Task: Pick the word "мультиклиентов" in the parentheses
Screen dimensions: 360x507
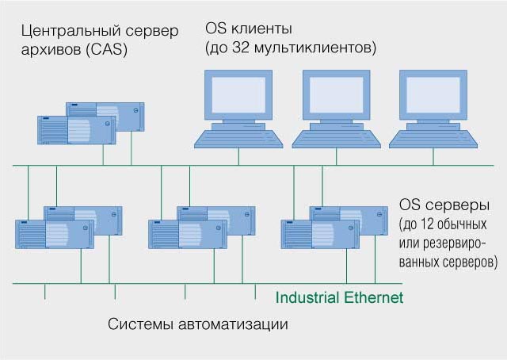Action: click(x=315, y=48)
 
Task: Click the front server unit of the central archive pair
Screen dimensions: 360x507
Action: click(x=76, y=132)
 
